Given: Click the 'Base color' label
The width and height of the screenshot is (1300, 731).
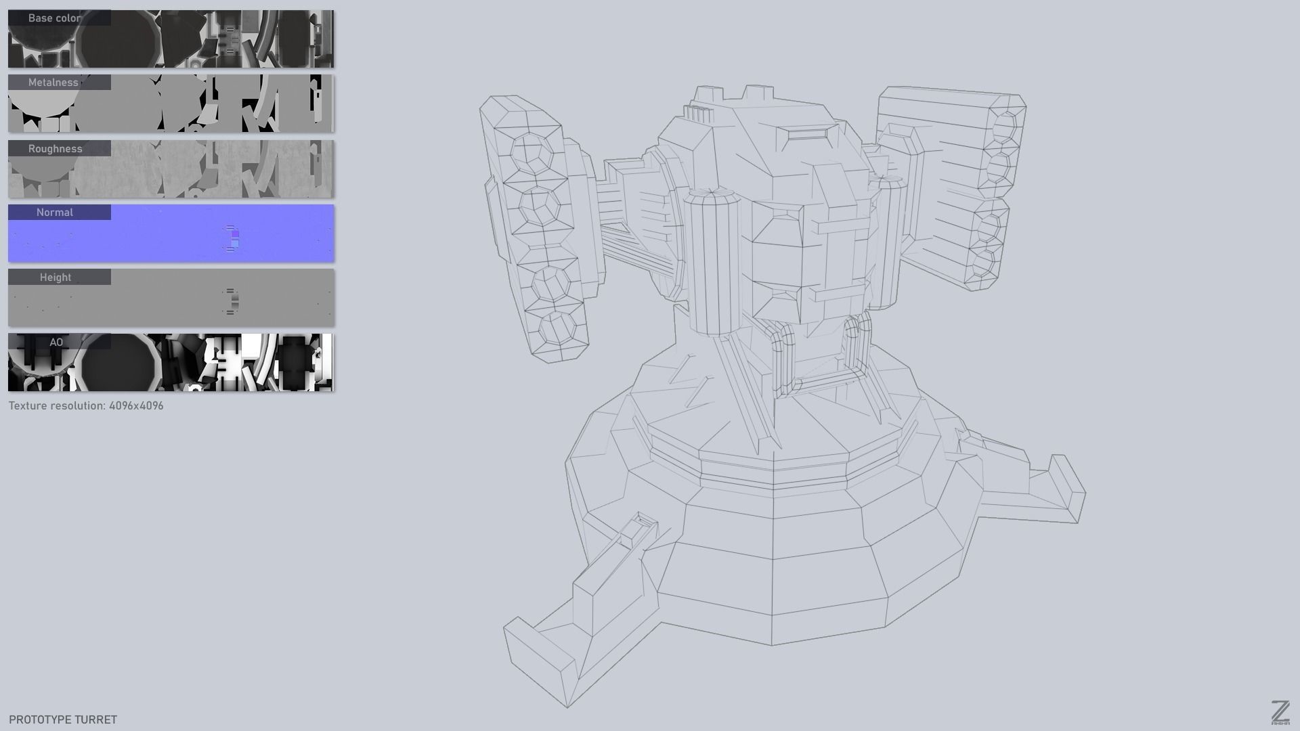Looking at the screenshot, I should click(x=55, y=18).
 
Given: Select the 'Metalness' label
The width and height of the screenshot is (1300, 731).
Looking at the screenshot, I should click(x=53, y=83).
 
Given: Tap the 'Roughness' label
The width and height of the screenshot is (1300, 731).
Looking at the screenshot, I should click(x=56, y=149).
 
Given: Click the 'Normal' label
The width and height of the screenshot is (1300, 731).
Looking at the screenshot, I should click(x=55, y=213).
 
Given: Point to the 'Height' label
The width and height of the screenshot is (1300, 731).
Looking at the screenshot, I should click(x=56, y=278).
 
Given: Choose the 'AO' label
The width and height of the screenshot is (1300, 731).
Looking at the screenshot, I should click(x=56, y=342).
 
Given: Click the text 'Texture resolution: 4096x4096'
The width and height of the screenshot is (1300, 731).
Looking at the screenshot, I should click(x=86, y=406).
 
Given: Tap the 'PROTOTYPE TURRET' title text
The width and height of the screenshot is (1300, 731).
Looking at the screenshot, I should click(x=63, y=719).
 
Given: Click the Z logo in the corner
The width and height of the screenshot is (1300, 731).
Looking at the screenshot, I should click(x=1280, y=712).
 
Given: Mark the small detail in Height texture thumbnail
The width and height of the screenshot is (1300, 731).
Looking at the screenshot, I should click(x=231, y=302).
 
